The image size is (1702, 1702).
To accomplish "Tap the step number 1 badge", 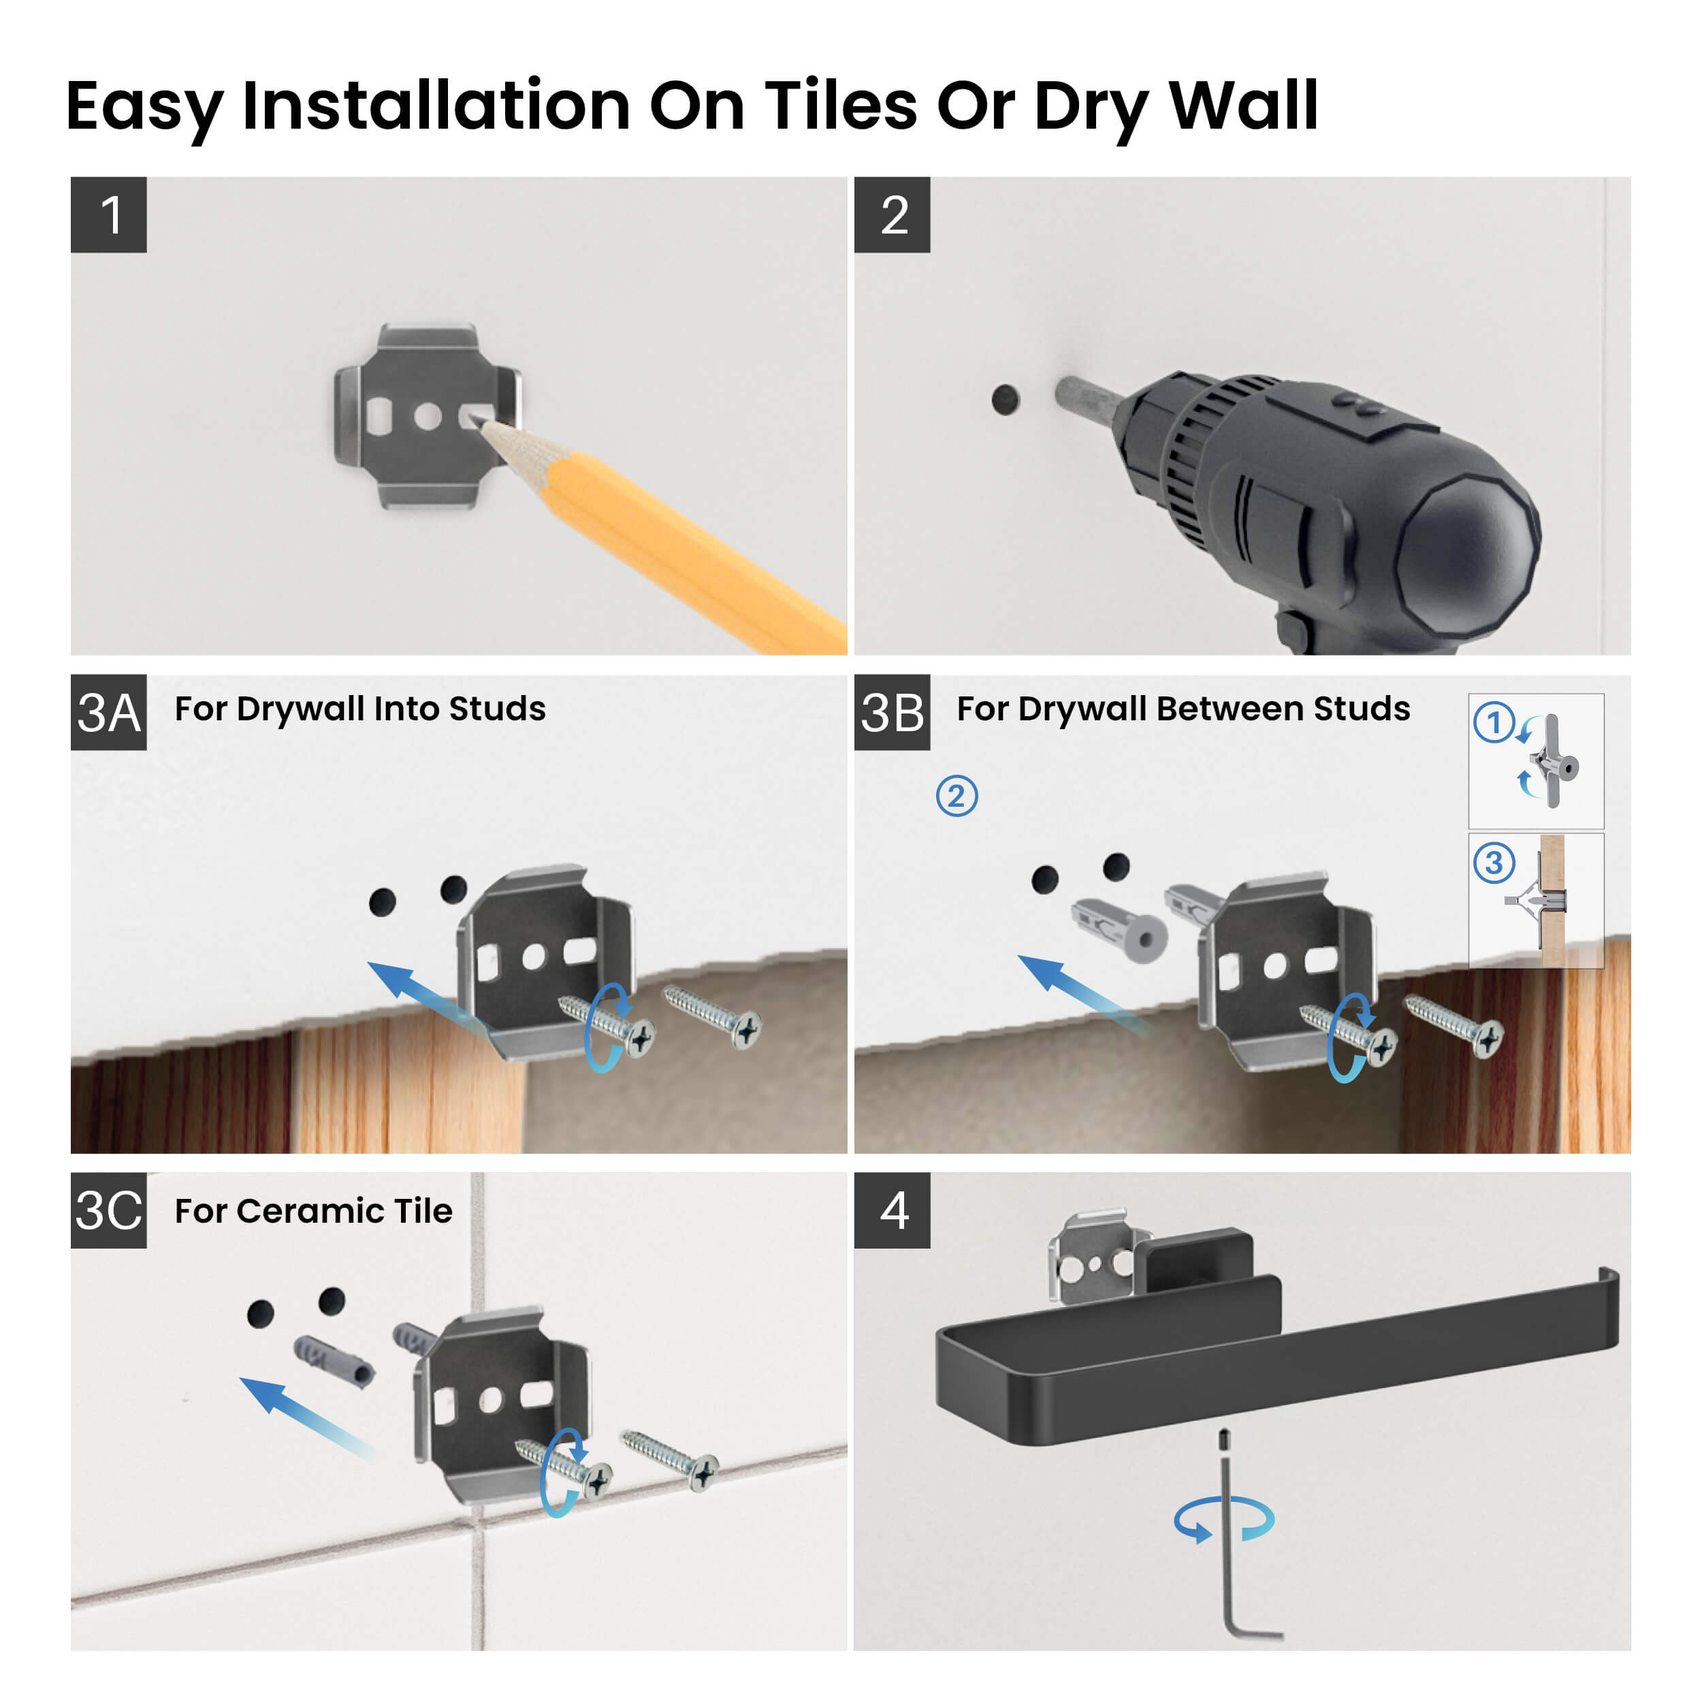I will click(x=108, y=215).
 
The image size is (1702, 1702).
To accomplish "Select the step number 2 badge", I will click(x=892, y=215).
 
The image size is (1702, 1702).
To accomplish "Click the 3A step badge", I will click(x=108, y=713).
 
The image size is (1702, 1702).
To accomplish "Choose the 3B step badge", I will click(x=892, y=713).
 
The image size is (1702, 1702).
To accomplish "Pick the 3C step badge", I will click(x=108, y=1210).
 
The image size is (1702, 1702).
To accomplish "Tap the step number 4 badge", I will click(x=892, y=1210).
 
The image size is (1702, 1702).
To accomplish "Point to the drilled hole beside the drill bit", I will click(x=1005, y=400).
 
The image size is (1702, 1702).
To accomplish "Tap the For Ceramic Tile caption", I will click(x=312, y=1211).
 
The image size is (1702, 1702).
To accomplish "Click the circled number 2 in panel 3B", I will click(x=957, y=797).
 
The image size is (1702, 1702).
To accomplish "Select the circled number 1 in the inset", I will click(x=1494, y=723).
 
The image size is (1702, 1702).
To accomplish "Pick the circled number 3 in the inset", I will click(x=1494, y=863).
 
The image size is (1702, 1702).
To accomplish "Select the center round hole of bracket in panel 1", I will click(x=428, y=417).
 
